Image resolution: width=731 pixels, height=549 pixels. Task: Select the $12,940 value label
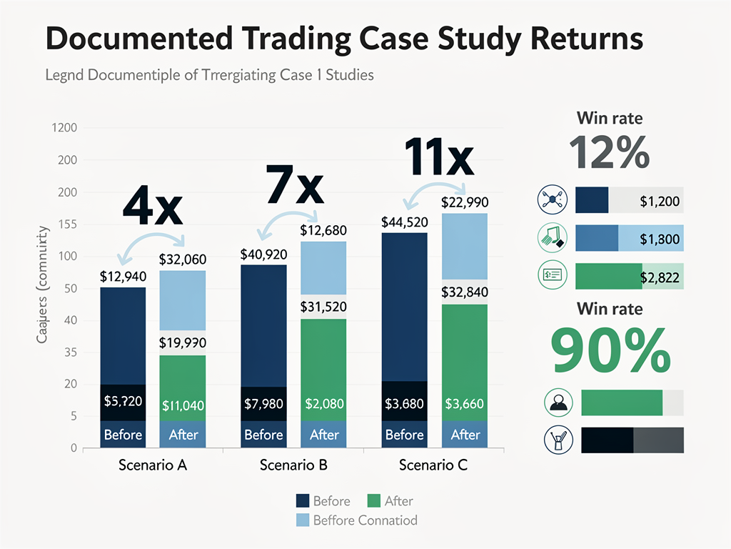[122, 276]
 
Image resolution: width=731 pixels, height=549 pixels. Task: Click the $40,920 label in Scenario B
[263, 254]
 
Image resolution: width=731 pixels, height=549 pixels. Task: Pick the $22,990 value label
[465, 202]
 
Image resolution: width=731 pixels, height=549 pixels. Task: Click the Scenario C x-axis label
[433, 465]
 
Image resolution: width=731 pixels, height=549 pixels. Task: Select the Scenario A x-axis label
[152, 465]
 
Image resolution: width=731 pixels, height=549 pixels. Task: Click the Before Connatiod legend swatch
[302, 520]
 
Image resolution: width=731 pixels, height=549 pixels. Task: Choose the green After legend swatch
[373, 501]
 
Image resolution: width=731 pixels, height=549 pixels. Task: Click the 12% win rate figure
[609, 152]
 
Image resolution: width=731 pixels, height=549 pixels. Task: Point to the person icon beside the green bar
[557, 402]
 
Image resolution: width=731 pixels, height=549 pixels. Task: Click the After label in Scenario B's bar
[324, 435]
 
